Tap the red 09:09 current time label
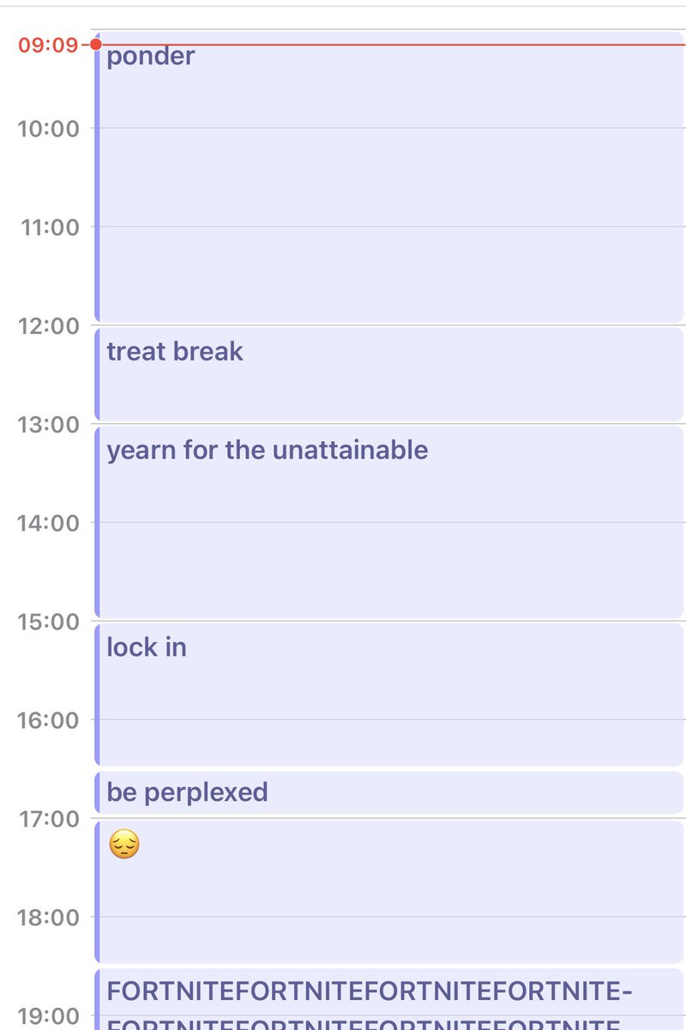coord(48,45)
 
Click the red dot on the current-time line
coord(96,45)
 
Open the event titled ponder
coord(151,58)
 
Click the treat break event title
coord(175,351)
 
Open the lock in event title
coord(147,647)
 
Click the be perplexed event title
coord(187,791)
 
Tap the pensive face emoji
coord(124,847)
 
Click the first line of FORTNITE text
coord(369,991)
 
